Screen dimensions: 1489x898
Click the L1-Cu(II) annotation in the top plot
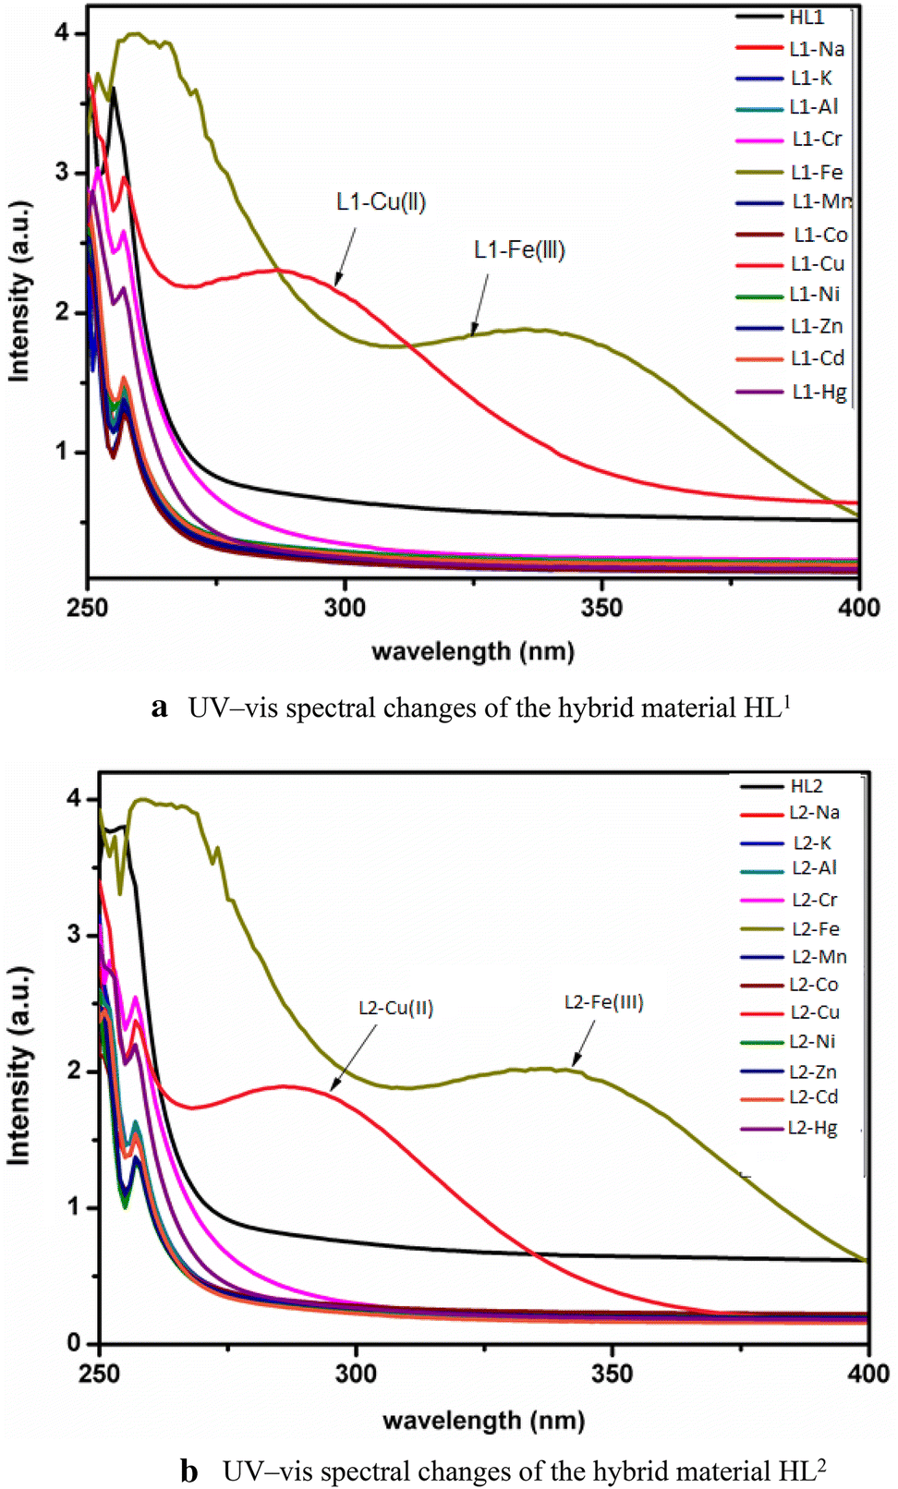point(381,202)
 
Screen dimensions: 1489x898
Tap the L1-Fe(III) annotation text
point(519,250)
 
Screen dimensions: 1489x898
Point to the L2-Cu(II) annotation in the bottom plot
point(395,1008)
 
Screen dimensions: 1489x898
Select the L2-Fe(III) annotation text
point(603,1002)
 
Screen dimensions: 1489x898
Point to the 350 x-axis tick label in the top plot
point(601,608)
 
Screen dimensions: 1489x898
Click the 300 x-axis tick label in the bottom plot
point(356,1374)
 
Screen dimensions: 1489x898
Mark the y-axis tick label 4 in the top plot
point(62,33)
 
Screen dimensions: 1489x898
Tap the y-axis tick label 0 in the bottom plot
point(74,1343)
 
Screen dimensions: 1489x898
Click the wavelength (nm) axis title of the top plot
point(472,652)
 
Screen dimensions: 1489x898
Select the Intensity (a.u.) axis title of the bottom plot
point(19,1065)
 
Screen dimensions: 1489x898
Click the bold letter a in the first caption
point(159,708)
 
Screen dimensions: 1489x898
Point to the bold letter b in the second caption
point(189,1471)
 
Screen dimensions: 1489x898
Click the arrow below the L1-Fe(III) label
point(479,305)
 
